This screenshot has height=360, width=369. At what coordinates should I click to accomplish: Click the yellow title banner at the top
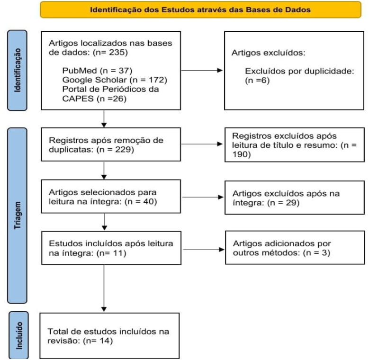click(x=200, y=9)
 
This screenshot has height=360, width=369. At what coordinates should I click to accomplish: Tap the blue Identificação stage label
click(x=17, y=71)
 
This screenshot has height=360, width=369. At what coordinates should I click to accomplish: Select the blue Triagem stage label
click(x=17, y=216)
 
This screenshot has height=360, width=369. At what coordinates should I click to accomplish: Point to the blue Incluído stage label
click(x=19, y=335)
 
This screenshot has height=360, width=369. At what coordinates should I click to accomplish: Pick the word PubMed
click(x=80, y=71)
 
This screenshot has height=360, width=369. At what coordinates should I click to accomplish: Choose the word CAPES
click(x=78, y=99)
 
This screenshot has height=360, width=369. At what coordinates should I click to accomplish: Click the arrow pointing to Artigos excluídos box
click(x=202, y=70)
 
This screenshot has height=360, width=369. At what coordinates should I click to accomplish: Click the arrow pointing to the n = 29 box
click(x=203, y=197)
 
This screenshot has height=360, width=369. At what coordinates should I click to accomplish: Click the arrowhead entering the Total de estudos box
click(x=104, y=309)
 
